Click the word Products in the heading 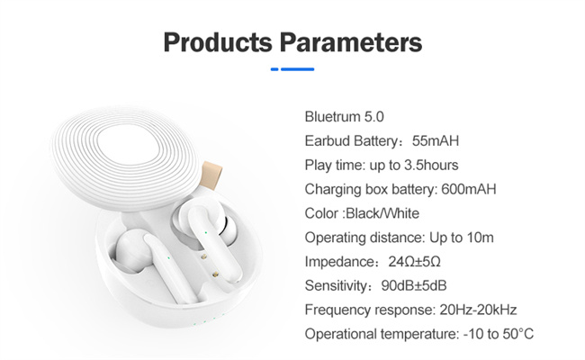(218, 42)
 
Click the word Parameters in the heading (351, 42)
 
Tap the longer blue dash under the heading (297, 69)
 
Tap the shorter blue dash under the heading (274, 69)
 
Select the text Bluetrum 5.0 (345, 117)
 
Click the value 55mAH (436, 141)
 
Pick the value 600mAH (469, 189)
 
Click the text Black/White (382, 213)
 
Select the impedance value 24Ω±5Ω (414, 262)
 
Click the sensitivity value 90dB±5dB (414, 286)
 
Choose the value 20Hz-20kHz (478, 310)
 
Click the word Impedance (338, 262)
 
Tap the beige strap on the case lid (211, 175)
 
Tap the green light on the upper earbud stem (205, 233)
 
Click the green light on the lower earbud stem (168, 257)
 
